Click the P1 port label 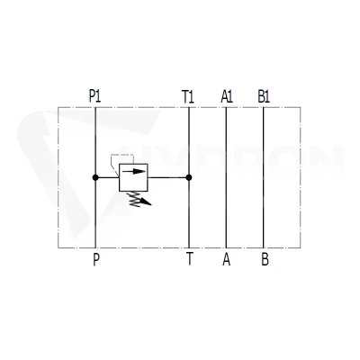[94, 96]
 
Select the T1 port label [188, 97]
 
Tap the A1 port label [227, 96]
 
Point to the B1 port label [264, 96]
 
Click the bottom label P [96, 259]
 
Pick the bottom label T [189, 259]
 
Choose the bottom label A [227, 259]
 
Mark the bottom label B [265, 259]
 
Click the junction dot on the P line [95, 177]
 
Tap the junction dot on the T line [189, 177]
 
